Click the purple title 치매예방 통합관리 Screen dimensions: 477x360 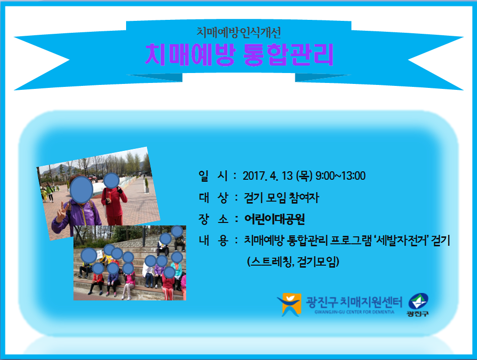coord(239,55)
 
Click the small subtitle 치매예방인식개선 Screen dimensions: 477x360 coord(238,32)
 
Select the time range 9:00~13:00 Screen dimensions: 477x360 coord(341,176)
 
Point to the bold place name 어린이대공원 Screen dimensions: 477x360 coord(274,219)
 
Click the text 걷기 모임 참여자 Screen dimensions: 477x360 coord(281,198)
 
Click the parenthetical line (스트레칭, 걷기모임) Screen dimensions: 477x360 coord(293,262)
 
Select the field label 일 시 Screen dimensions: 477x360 coord(213,176)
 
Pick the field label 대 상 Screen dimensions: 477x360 coord(213,198)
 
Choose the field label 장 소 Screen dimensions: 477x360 coord(213,219)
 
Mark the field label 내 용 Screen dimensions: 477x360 coord(213,241)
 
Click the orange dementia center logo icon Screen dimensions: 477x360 coord(289,304)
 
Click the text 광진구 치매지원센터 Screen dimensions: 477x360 coord(354,302)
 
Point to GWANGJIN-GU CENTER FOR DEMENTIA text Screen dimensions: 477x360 coord(354,312)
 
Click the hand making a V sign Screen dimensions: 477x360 coord(62,212)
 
